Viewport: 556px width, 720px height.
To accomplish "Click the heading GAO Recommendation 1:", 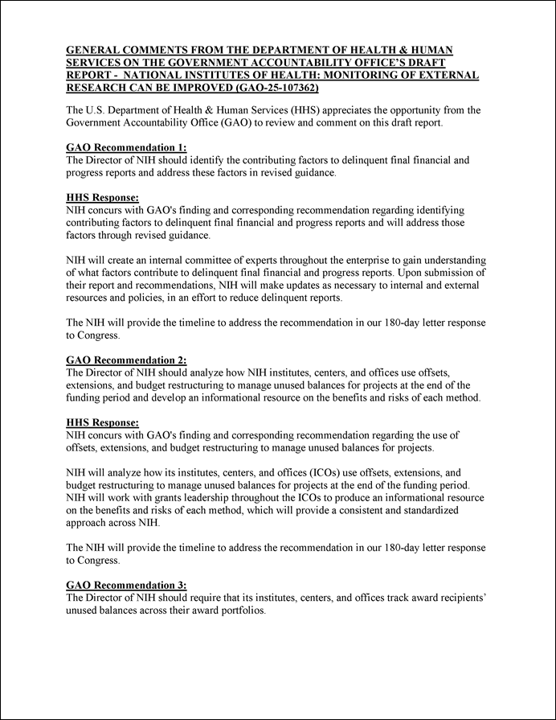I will [x=125, y=147].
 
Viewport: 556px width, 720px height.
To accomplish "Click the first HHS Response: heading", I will [x=102, y=196].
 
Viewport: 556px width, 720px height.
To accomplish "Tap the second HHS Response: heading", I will [x=102, y=422].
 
